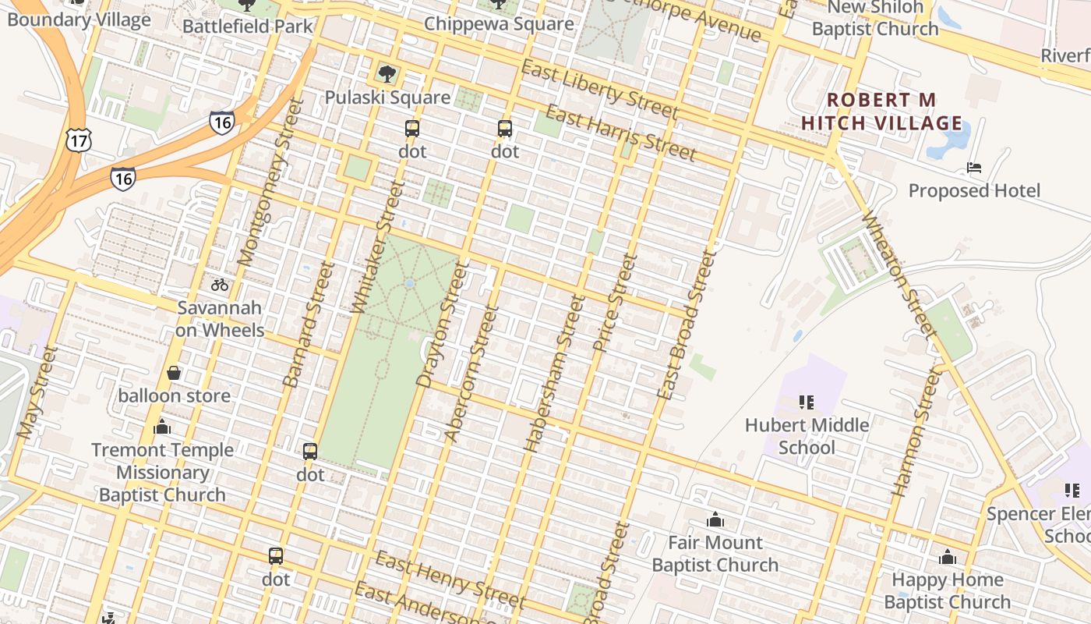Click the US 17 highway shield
point(79,140)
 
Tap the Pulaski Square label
point(387,97)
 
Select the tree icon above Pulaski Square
point(387,75)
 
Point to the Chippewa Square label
point(499,23)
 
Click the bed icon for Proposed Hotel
point(974,168)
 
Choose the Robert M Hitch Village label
point(881,112)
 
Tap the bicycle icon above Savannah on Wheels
point(220,285)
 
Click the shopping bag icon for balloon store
point(174,374)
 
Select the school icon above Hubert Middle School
point(807,402)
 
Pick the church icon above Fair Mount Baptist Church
point(715,519)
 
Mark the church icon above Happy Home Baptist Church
point(948,557)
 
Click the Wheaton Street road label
point(898,275)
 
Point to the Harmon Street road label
point(916,433)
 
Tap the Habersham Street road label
point(554,374)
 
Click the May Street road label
point(37,392)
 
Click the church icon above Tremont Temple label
point(162,427)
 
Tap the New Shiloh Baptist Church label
point(875,18)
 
